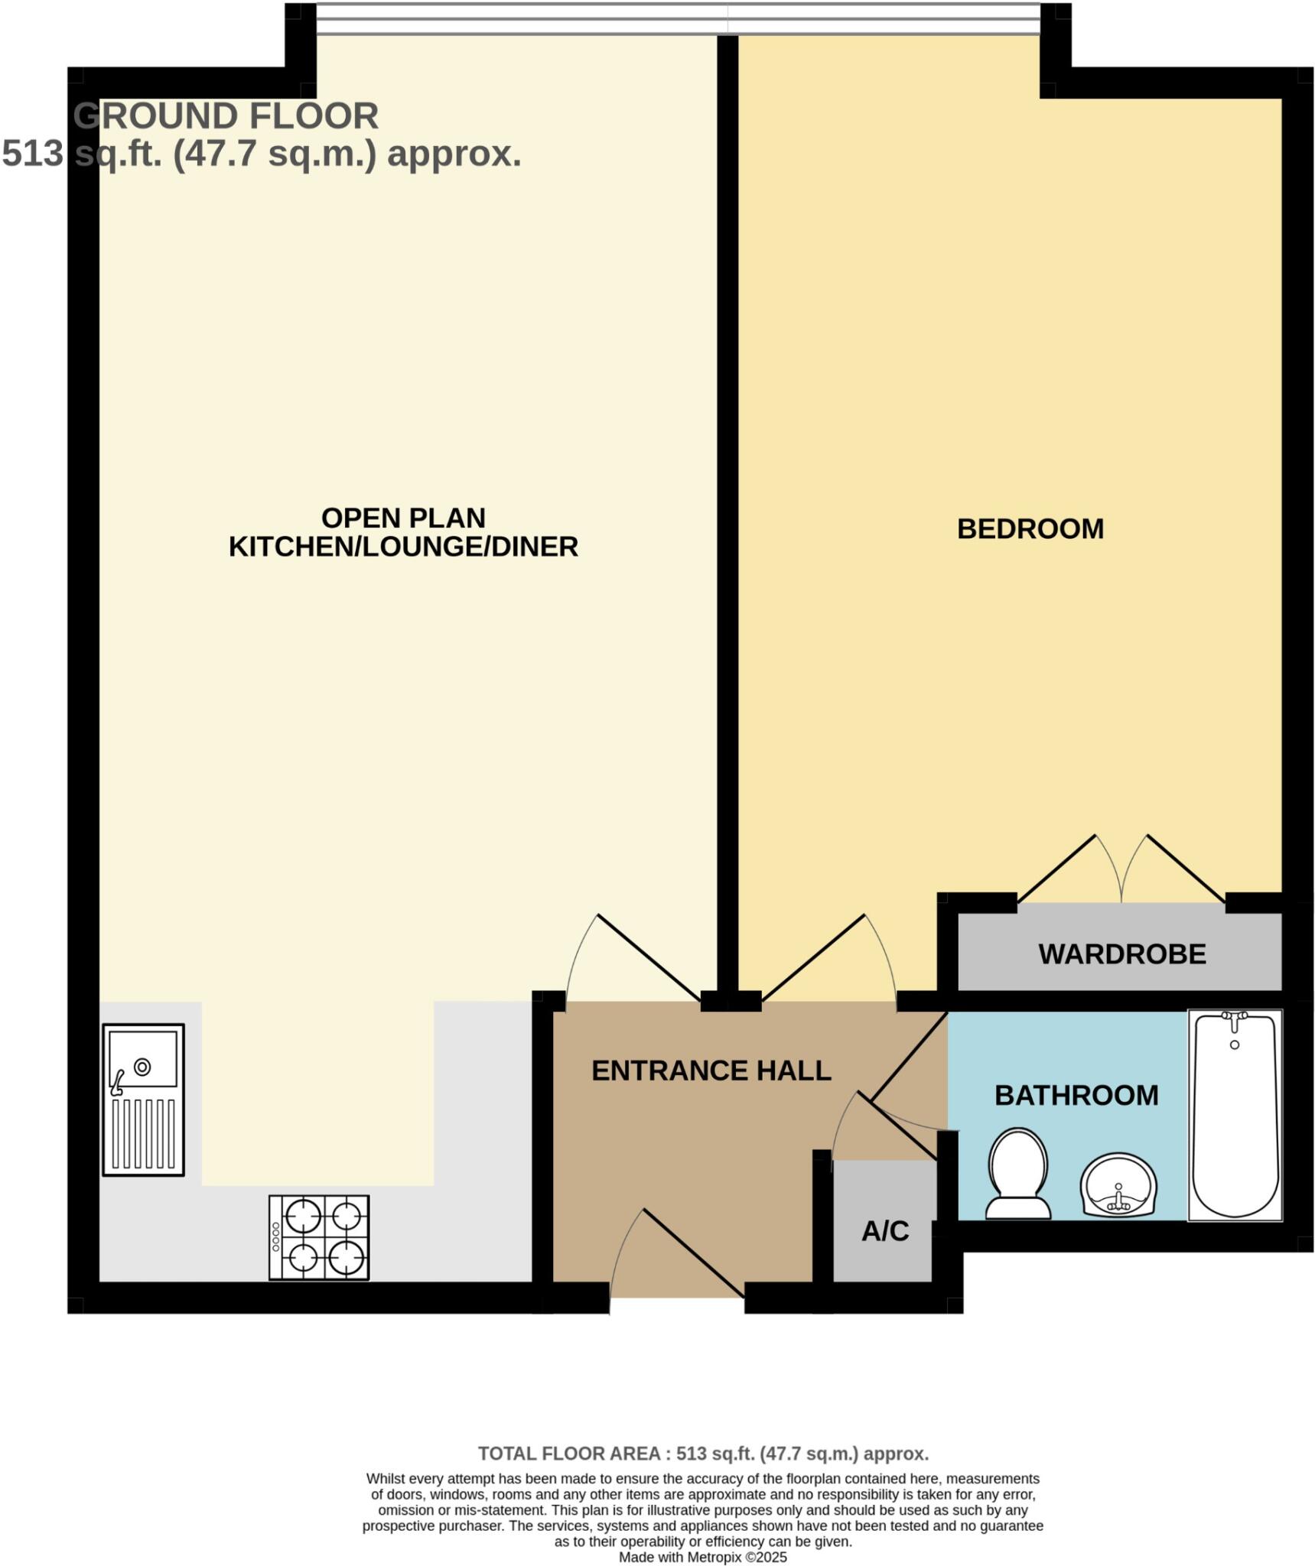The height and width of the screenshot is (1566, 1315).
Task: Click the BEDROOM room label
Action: point(1030,529)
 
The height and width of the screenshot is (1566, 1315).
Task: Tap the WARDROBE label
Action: point(1121,954)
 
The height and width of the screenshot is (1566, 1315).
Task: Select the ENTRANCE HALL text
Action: point(711,1070)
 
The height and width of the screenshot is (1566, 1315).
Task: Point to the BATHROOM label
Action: point(1076,1095)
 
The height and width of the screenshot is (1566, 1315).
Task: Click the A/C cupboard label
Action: point(885,1230)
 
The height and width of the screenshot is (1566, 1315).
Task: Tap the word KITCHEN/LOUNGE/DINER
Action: point(403,547)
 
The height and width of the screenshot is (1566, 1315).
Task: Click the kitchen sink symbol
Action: point(144,1100)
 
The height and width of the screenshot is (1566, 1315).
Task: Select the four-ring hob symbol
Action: point(319,1237)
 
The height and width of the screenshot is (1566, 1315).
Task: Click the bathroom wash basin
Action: point(1118,1186)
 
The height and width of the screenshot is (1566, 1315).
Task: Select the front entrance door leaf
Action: point(692,1252)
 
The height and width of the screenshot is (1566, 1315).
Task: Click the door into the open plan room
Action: point(649,957)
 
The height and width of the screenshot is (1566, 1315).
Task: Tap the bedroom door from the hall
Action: point(814,957)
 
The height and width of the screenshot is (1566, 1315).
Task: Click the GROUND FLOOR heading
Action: point(226,116)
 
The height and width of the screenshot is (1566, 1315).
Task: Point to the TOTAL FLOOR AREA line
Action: point(703,1453)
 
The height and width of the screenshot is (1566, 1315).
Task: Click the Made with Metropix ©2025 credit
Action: point(702,1557)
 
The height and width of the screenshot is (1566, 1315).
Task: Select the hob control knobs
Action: point(276,1237)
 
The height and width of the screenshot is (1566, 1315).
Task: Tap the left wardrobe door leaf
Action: point(1056,868)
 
